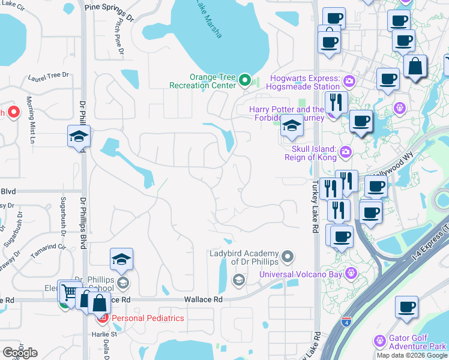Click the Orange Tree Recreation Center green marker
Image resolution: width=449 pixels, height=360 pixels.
click(244, 80)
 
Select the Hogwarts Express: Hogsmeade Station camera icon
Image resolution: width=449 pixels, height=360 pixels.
click(348, 80)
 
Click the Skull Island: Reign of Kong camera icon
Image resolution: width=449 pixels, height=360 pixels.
click(345, 151)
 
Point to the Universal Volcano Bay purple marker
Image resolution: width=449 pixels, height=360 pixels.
click(351, 274)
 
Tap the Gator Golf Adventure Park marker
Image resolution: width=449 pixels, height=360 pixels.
click(379, 341)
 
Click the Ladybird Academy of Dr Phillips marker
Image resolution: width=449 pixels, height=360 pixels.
click(288, 257)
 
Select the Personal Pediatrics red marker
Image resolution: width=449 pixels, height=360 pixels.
click(103, 317)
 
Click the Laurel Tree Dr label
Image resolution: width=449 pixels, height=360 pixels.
click(49, 77)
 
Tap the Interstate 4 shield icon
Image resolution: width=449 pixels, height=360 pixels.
click(346, 322)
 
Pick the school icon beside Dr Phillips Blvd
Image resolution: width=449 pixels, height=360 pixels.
click(79, 137)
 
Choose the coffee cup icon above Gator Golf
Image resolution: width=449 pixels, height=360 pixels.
click(406, 307)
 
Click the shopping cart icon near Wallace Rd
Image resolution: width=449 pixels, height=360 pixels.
click(68, 292)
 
